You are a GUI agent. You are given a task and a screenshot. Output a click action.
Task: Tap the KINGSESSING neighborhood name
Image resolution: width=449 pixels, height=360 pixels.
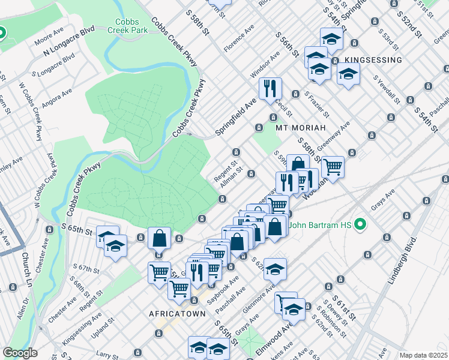coord(373,61)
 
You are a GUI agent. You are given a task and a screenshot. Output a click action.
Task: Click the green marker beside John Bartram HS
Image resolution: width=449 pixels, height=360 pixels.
coord(360,226)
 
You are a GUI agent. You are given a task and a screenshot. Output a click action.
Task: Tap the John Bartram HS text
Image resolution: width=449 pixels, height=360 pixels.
coord(321,226)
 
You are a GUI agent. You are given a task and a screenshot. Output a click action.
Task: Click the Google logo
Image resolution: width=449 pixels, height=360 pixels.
coord(20,353)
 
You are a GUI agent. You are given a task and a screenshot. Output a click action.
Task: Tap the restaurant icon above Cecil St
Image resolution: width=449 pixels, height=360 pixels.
coord(270,88)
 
